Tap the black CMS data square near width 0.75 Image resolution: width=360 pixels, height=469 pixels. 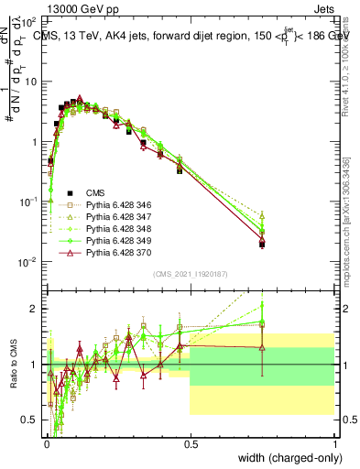click(x=262, y=244)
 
